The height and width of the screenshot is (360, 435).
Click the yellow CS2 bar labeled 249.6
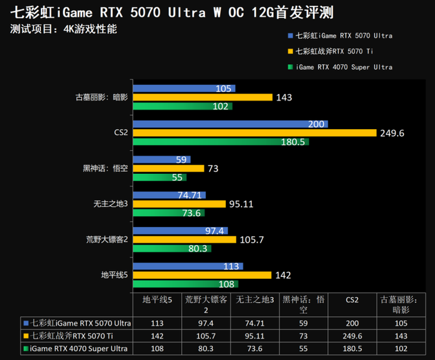click(x=255, y=133)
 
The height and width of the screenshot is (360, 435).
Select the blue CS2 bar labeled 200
click(x=230, y=124)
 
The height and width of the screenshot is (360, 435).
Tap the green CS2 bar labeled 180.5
click(x=221, y=142)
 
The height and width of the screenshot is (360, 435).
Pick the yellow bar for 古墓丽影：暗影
click(x=203, y=97)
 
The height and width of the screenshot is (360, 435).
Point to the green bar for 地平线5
click(x=186, y=283)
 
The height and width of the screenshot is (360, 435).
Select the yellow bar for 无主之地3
click(x=179, y=204)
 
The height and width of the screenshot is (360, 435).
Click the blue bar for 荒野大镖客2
click(x=179, y=230)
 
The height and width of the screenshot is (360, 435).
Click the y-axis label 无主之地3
click(x=111, y=204)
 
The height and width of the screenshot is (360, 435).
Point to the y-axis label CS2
click(x=121, y=133)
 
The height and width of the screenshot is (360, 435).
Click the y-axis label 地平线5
click(x=114, y=275)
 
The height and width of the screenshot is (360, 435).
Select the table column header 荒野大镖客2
click(x=206, y=305)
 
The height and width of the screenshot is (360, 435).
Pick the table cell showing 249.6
click(x=352, y=336)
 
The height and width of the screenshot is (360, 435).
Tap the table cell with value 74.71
click(x=255, y=323)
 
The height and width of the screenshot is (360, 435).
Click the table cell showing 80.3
click(x=206, y=349)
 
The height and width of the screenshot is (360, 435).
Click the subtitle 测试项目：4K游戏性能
click(x=64, y=29)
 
